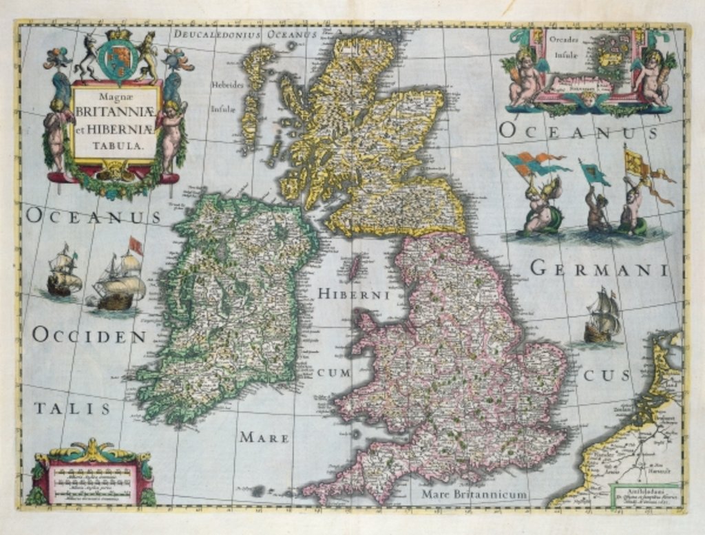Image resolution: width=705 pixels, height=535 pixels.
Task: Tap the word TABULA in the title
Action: click(x=116, y=145)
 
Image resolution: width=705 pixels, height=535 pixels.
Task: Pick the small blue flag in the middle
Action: click(x=593, y=173)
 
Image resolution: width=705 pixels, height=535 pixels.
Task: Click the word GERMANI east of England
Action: click(x=599, y=269)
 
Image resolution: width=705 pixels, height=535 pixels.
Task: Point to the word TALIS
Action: click(x=72, y=408)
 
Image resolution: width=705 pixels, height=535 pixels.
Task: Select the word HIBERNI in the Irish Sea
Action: click(x=353, y=295)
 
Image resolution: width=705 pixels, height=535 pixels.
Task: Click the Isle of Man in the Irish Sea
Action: click(x=355, y=267)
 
